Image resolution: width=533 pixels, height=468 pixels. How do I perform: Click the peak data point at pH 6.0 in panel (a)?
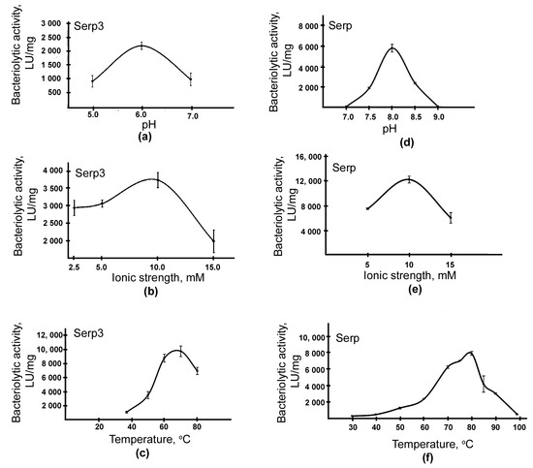(x=142, y=46)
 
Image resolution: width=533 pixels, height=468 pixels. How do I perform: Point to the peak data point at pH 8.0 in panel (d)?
(x=392, y=47)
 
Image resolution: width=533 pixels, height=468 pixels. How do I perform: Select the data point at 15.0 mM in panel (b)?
(x=213, y=240)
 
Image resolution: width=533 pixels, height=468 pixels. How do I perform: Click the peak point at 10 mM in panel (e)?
(x=409, y=178)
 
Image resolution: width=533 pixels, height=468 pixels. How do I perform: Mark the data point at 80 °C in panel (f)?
(x=471, y=353)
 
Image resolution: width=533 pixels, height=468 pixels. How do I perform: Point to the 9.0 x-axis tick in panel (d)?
(x=438, y=118)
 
